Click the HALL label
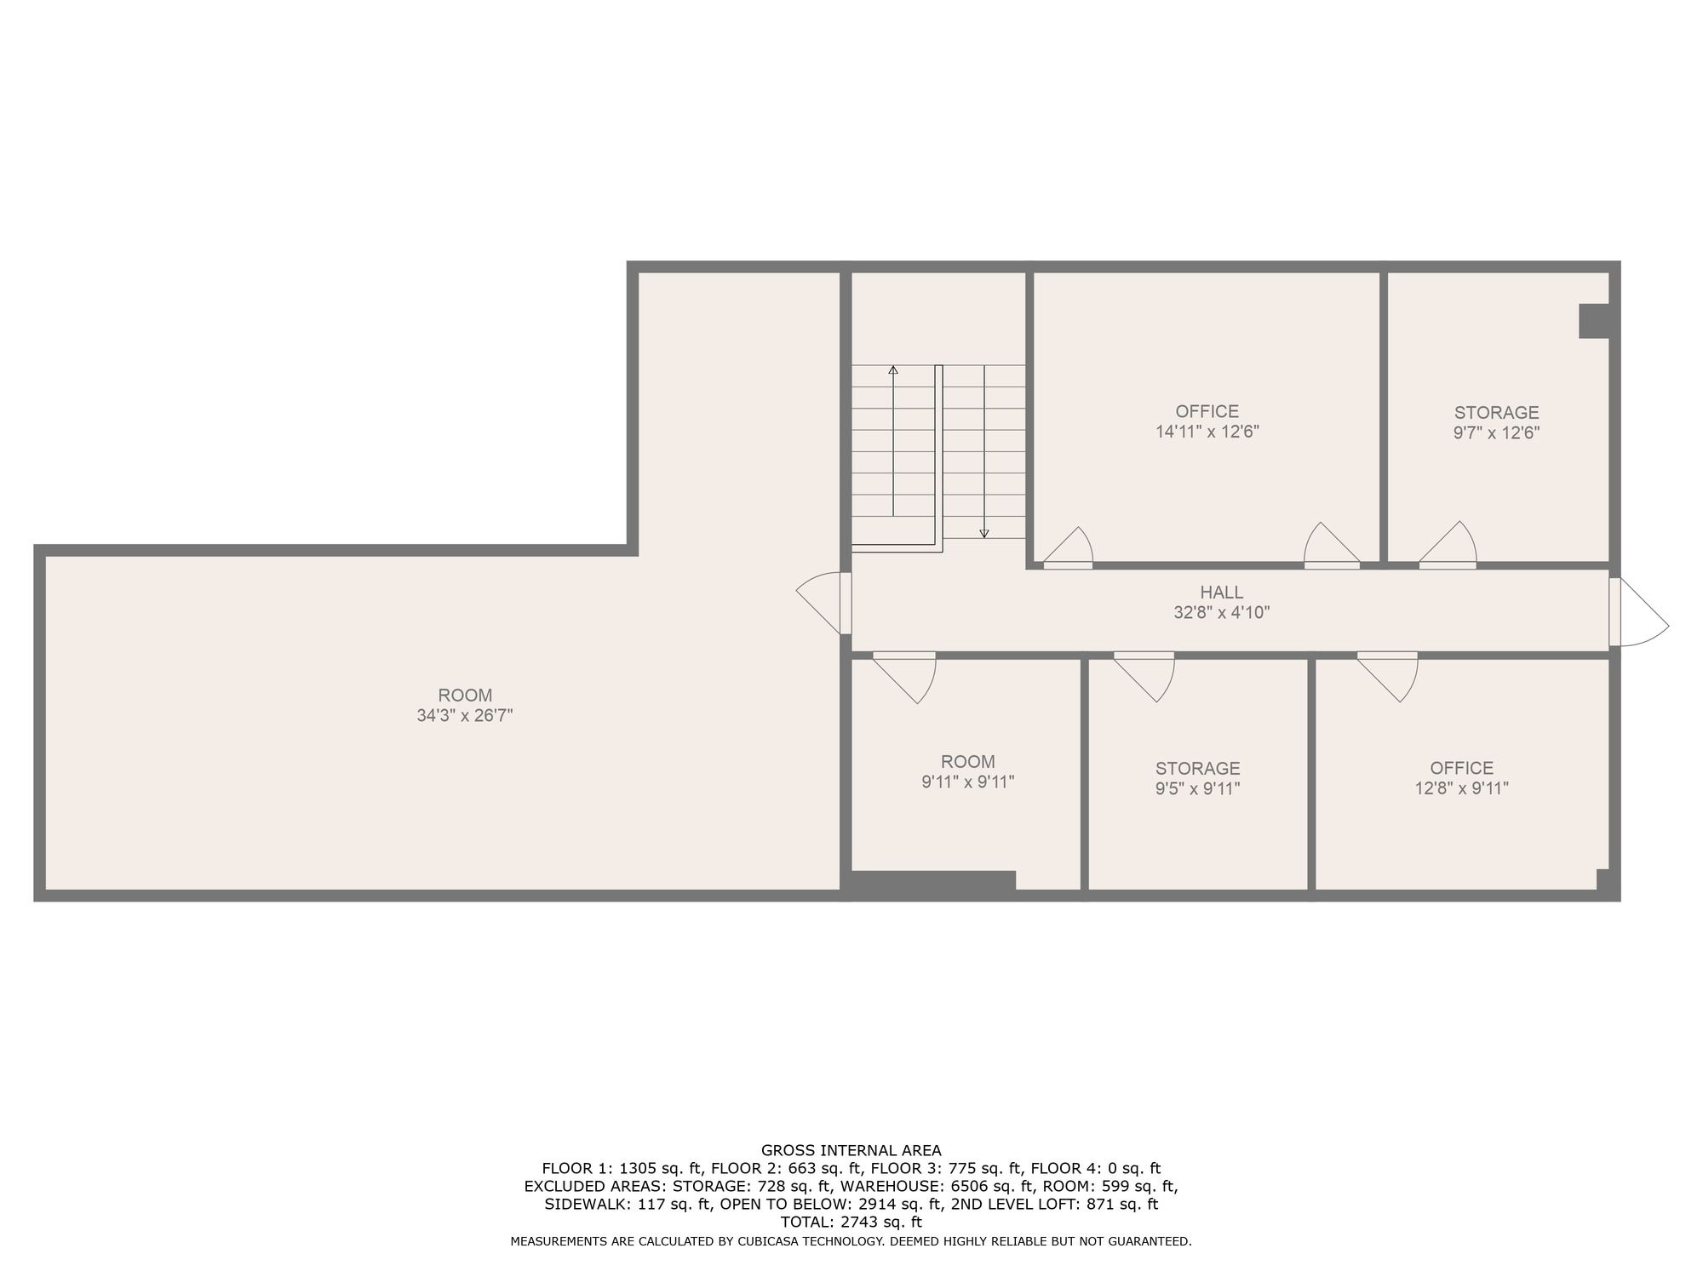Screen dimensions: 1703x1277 pyautogui.click(x=1221, y=592)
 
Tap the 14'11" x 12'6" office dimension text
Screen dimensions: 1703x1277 pyautogui.click(x=1207, y=432)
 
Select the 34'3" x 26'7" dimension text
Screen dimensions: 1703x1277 pyautogui.click(x=465, y=716)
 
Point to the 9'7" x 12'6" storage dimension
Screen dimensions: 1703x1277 pyautogui.click(x=1496, y=432)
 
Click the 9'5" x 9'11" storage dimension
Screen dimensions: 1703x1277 pyautogui.click(x=1197, y=788)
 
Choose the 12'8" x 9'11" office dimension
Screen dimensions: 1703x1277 pyautogui.click(x=1462, y=788)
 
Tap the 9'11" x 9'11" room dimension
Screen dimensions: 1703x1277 pyautogui.click(x=968, y=782)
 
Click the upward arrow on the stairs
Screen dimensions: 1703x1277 pyautogui.click(x=893, y=440)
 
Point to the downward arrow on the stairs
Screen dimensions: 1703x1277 pyautogui.click(x=984, y=452)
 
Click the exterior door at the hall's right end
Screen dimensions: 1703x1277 pyautogui.click(x=1637, y=611)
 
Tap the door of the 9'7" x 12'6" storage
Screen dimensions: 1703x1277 pyautogui.click(x=1448, y=545)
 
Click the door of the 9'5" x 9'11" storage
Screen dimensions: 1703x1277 pyautogui.click(x=1144, y=677)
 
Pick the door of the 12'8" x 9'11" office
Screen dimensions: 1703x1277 pyautogui.click(x=1387, y=677)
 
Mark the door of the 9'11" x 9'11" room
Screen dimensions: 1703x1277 pyautogui.click(x=904, y=678)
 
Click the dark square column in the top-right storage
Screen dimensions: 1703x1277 pyautogui.click(x=1594, y=321)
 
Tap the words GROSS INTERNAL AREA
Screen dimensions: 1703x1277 pyautogui.click(x=851, y=1151)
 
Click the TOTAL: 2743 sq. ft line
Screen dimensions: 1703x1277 pyautogui.click(x=851, y=1223)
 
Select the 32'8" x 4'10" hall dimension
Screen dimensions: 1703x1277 pyautogui.click(x=1221, y=612)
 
